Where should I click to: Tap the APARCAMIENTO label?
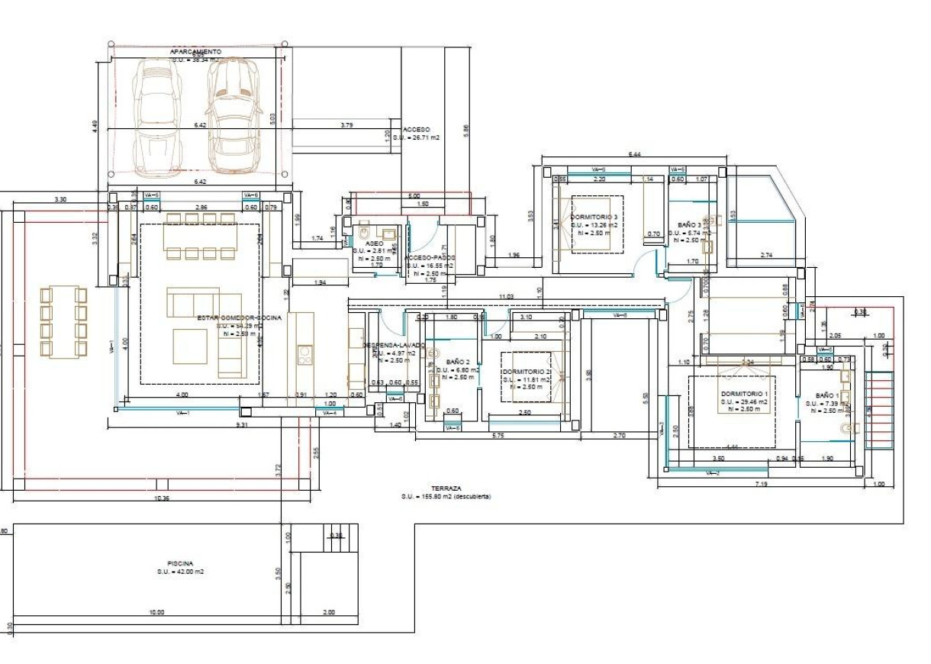pos(196,51)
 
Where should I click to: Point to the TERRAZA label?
pos(446,488)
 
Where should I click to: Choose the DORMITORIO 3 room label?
pos(594,217)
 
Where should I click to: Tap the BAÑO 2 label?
pos(458,362)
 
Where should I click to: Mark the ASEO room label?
pos(374,243)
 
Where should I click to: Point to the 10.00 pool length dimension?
pos(156,612)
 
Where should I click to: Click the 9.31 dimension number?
pos(242,424)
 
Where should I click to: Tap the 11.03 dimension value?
pos(505,295)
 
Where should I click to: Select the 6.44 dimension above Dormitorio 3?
pos(634,155)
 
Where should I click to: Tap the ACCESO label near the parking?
pos(417,130)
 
